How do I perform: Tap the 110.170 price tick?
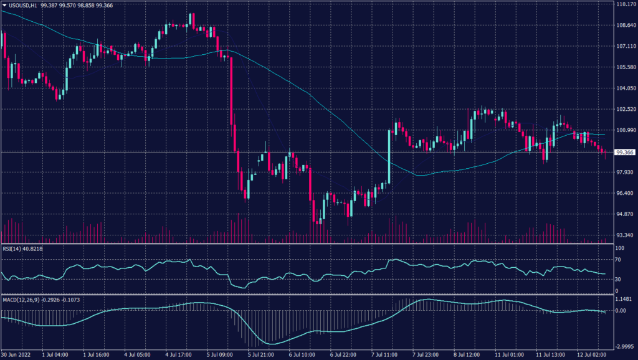pos(624,4)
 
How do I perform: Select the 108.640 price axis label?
pos(624,25)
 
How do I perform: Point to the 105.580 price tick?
pos(624,67)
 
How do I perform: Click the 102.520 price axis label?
pos(624,109)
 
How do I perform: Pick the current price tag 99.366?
pos(624,152)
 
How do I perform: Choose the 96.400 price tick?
pos(624,193)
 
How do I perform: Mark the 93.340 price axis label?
pos(624,235)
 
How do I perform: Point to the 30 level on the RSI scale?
pos(619,279)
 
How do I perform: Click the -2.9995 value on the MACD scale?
pos(624,346)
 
